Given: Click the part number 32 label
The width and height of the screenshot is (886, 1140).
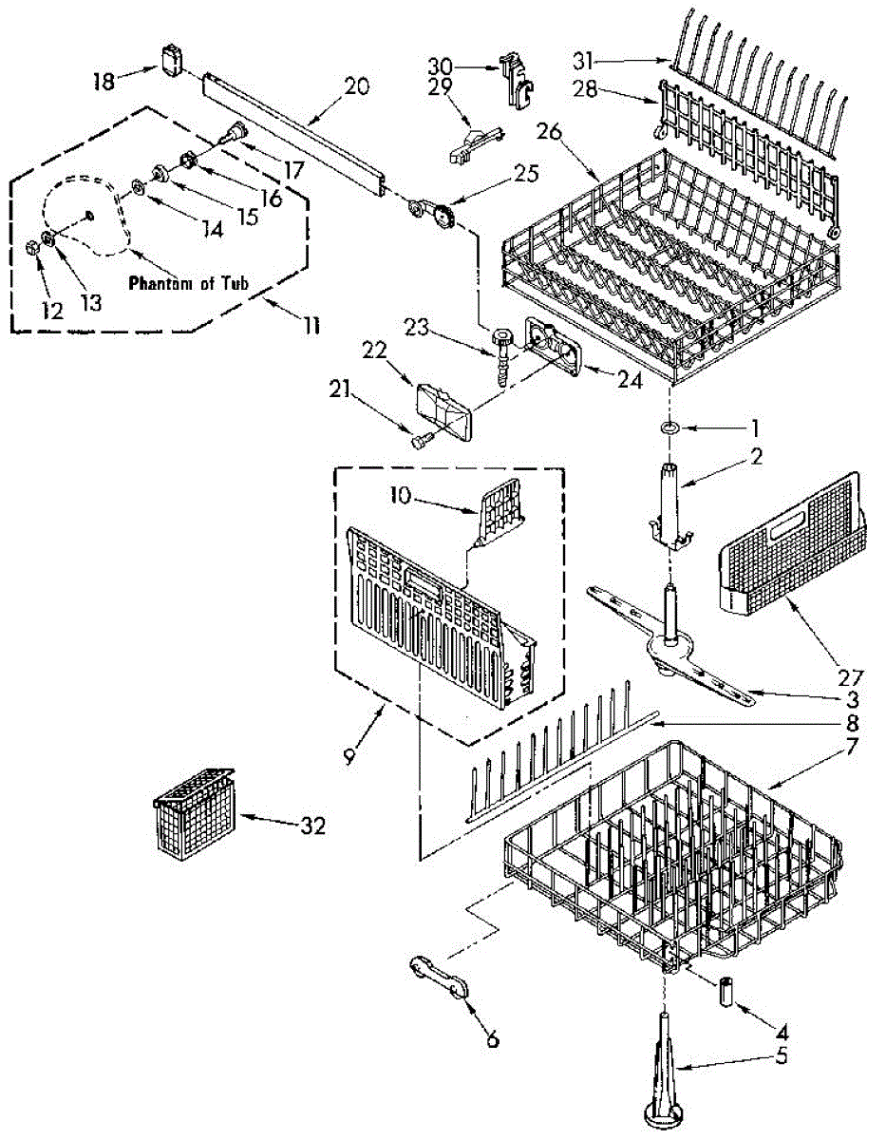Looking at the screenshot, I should point(312,826).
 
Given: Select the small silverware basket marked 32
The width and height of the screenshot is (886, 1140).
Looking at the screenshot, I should point(194,812).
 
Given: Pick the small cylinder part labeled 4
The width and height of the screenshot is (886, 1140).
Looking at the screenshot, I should point(726,993).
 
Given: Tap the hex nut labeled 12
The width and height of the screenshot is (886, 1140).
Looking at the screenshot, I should point(31,249).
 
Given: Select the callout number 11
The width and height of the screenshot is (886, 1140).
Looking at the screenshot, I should point(309,326).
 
